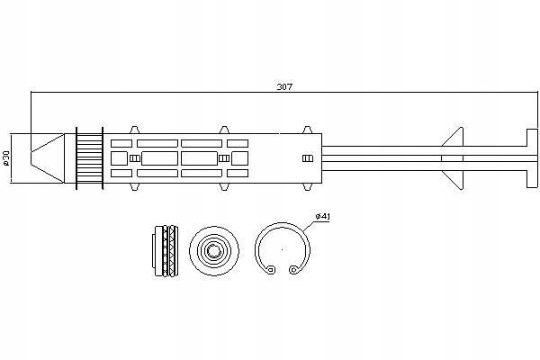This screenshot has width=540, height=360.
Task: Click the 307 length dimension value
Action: [x=285, y=87]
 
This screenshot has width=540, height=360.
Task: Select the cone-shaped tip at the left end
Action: [x=46, y=158]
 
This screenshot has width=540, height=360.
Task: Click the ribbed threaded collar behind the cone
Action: [x=88, y=158]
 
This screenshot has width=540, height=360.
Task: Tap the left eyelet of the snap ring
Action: [x=269, y=268]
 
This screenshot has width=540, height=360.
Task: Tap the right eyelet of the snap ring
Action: [x=293, y=268]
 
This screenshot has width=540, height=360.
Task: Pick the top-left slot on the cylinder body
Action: [x=120, y=142]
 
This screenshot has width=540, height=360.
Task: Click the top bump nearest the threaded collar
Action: [x=134, y=130]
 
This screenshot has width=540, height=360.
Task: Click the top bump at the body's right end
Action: [x=309, y=130]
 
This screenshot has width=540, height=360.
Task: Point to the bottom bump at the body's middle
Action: [x=221, y=188]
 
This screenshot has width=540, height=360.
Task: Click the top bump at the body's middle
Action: [x=221, y=130]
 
